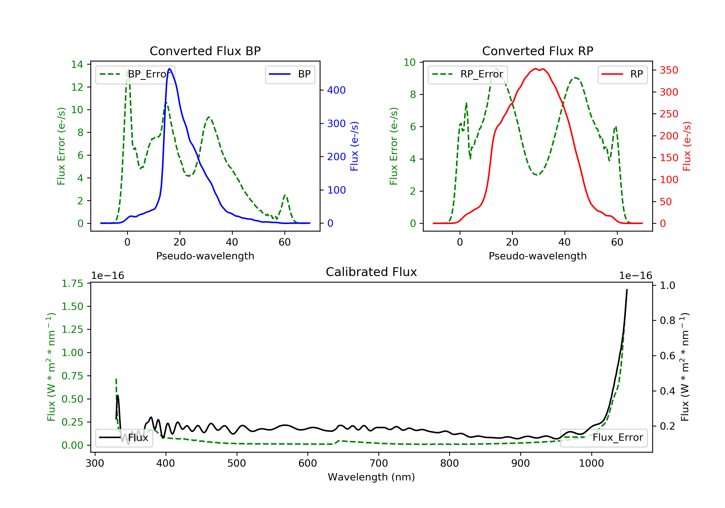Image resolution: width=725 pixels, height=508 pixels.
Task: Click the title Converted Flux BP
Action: (x=205, y=51)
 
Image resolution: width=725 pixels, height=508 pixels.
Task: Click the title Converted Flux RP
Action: (x=537, y=51)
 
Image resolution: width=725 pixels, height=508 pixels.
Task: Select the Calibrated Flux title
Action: (x=371, y=272)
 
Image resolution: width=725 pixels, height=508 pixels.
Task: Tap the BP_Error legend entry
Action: (x=135, y=75)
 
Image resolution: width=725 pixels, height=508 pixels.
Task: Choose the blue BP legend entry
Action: (x=290, y=75)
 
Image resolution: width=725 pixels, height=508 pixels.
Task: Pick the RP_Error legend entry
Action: (x=468, y=75)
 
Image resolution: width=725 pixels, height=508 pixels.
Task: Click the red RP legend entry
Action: (x=622, y=75)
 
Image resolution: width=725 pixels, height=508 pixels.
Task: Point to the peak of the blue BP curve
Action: (x=170, y=69)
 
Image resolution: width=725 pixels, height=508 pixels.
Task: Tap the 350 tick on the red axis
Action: (x=669, y=70)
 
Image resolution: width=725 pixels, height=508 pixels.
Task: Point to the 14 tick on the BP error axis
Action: (x=77, y=65)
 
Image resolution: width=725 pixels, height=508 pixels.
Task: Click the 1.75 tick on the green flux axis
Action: (x=72, y=284)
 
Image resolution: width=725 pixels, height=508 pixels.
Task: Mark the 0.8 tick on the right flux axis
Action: (x=667, y=321)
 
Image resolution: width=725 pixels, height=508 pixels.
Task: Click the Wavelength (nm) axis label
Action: (x=371, y=477)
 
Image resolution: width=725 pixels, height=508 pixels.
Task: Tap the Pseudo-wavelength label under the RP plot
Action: (x=537, y=256)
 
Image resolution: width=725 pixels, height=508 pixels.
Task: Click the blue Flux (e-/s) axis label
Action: (x=354, y=146)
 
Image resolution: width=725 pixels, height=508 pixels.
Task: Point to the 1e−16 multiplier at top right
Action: (x=635, y=276)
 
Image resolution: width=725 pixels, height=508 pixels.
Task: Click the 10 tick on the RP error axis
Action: (x=410, y=62)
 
